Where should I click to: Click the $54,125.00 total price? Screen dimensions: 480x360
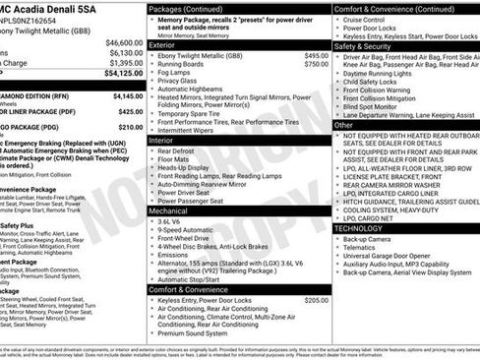coord(119,73)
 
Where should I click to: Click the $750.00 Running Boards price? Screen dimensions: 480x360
coord(316,64)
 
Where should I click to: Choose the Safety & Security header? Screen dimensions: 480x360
coord(364,45)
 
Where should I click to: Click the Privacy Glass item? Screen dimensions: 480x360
coord(181,82)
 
